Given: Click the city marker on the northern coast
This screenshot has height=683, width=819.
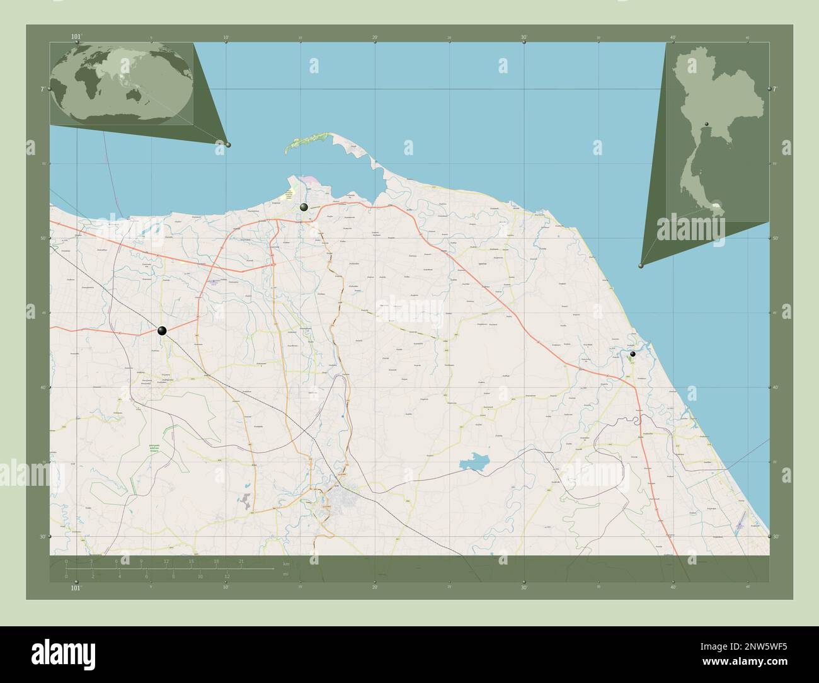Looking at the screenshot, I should [304, 207].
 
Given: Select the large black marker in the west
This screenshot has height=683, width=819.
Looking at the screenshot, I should [162, 330].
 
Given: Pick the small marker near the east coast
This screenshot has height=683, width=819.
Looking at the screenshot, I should [633, 354].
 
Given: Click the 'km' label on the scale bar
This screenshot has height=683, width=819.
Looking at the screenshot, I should [287, 563].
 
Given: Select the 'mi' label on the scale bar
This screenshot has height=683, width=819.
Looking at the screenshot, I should [287, 575].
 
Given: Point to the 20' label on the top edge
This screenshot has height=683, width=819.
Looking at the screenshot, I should [375, 38].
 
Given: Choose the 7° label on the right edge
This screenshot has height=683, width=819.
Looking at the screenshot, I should [775, 89].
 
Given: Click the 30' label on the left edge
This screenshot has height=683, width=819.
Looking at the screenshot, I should [43, 537].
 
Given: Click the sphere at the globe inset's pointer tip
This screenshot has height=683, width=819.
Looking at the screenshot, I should [228, 144].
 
